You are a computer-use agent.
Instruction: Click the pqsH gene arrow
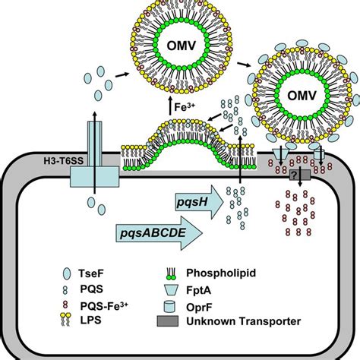(x=200, y=202)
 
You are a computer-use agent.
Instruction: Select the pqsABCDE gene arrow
(x=159, y=233)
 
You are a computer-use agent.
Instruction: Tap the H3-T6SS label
(x=63, y=161)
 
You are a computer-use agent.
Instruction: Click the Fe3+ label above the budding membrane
(x=185, y=106)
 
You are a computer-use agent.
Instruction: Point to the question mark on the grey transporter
(x=294, y=175)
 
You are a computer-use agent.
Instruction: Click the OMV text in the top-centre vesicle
(x=182, y=46)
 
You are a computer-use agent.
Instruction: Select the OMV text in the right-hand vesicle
(x=302, y=96)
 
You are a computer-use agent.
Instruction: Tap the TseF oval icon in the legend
(x=67, y=273)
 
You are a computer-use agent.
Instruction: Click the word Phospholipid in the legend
(x=221, y=273)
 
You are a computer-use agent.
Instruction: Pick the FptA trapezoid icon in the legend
(x=172, y=290)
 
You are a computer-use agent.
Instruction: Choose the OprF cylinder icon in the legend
(x=169, y=306)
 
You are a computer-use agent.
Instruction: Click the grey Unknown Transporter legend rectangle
(x=168, y=321)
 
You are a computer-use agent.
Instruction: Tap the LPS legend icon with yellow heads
(x=65, y=320)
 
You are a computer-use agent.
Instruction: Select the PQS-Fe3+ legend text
(x=104, y=306)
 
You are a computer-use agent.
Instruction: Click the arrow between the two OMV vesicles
(x=244, y=65)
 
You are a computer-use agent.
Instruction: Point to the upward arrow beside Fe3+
(x=171, y=106)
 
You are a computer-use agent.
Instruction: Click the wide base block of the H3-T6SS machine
(x=94, y=177)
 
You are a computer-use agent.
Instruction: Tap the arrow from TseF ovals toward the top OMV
(x=122, y=74)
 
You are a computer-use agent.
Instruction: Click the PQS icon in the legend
(x=65, y=290)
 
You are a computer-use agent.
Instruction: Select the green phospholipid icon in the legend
(x=171, y=273)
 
